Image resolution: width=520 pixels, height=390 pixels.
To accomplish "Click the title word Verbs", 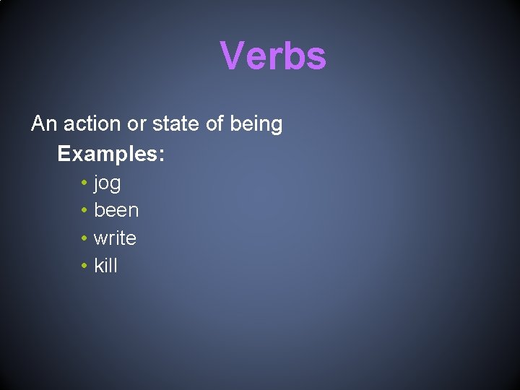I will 273,56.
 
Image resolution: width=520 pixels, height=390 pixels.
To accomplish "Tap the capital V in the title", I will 232,56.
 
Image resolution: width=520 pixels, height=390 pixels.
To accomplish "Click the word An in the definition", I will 44,124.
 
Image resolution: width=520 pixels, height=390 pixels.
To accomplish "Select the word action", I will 92,124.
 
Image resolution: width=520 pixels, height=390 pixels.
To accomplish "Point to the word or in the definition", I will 136,124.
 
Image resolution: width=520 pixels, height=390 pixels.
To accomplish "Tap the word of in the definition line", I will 214,124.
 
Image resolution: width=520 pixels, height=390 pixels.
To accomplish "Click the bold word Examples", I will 108,155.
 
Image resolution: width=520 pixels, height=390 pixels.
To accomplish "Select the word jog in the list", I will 107,184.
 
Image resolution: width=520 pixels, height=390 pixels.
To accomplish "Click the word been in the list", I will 116,211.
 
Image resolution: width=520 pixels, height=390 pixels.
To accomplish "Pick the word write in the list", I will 115,238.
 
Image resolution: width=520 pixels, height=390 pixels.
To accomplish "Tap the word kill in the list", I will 105,266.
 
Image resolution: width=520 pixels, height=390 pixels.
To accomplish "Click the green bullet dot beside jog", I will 84,183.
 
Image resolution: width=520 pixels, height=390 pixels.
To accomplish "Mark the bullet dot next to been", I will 84,211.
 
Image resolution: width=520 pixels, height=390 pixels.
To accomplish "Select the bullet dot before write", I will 84,238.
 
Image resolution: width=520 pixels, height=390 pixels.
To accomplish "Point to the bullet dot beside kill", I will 84,266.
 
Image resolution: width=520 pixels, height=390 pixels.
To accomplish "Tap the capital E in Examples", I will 64,155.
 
